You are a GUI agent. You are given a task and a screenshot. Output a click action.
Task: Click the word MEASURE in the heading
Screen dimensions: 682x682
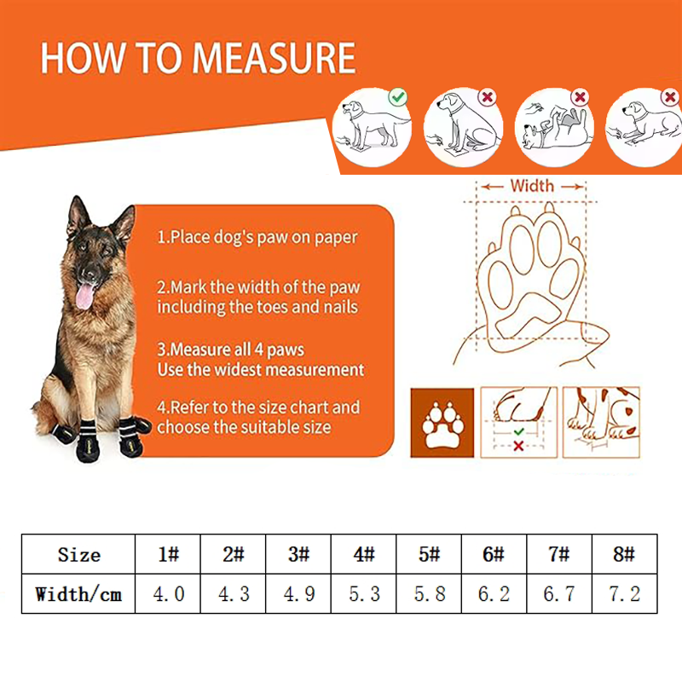coord(274,58)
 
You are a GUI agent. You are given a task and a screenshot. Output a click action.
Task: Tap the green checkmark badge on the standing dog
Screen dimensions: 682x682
coord(397,97)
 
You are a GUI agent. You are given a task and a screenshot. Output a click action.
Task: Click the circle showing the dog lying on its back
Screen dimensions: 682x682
coord(554,127)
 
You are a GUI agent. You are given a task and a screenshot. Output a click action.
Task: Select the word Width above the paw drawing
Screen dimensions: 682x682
coord(532,186)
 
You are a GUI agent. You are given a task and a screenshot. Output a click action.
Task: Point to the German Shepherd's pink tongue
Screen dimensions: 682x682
coord(84,296)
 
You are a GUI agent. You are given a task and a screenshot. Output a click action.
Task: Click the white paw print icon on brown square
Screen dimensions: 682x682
coord(442,422)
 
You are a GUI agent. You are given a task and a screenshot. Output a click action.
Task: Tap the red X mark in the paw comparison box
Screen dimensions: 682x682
coord(518,446)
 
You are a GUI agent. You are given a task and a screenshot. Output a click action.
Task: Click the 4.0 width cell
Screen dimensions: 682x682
coord(168,593)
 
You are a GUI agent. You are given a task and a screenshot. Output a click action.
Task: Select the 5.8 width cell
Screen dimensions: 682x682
coord(429,593)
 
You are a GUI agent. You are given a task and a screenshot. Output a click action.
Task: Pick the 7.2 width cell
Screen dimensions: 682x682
coord(625,593)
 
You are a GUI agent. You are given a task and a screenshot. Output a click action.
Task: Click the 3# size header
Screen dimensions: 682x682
coord(298,554)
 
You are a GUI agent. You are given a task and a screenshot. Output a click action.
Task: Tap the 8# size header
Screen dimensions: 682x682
coord(625,554)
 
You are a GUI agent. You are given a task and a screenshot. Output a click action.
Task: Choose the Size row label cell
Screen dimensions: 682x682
coord(78,554)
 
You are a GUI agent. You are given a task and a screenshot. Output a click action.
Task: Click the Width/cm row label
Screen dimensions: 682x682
coord(78,594)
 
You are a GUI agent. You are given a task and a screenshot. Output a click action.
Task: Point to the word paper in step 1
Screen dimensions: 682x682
coord(336,238)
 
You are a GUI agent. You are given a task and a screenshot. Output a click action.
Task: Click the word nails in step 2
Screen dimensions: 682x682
coord(340,307)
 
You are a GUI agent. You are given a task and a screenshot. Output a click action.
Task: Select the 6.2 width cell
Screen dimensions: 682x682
coord(494,593)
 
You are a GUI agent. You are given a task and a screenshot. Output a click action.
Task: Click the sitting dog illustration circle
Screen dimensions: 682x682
coord(463,127)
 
